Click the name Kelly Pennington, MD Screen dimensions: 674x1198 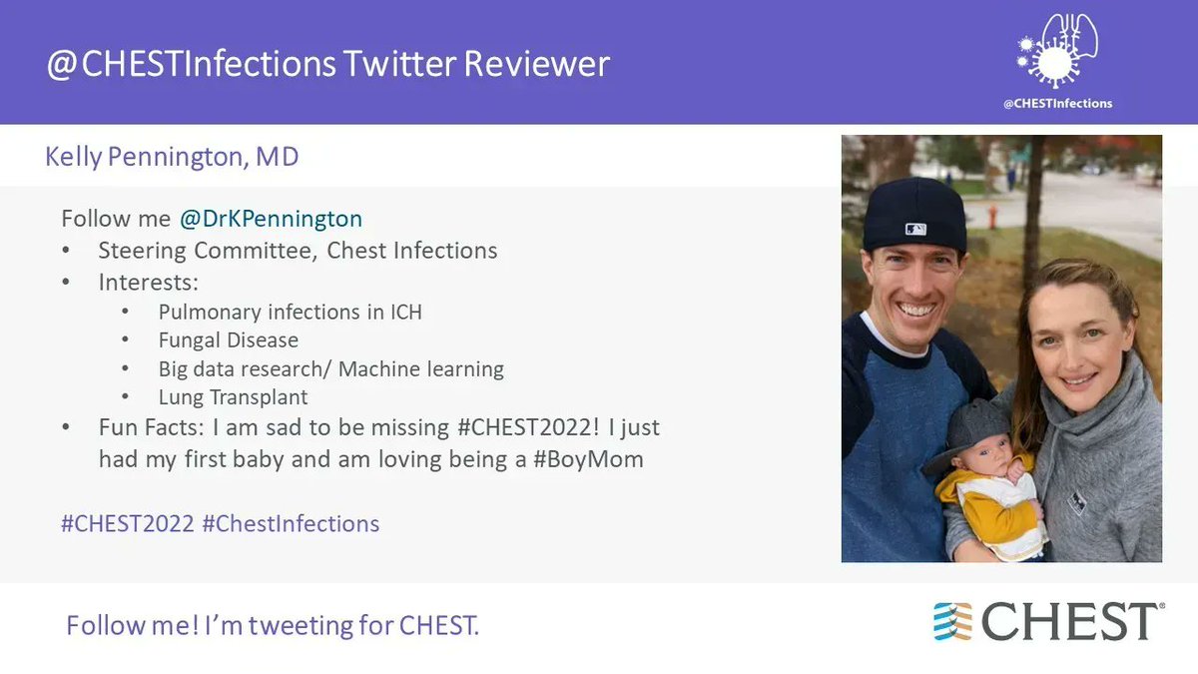[x=172, y=157]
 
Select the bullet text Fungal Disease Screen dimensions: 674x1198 [x=228, y=339]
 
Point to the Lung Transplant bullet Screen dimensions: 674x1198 [x=233, y=396]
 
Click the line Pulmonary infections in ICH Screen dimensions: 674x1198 [x=290, y=312]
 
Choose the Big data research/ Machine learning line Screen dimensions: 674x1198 [x=330, y=368]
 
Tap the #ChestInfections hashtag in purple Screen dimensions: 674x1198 [x=291, y=523]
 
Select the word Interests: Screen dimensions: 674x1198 [x=149, y=282]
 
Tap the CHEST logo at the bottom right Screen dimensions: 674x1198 [x=1048, y=621]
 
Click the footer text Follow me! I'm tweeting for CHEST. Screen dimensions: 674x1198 [x=273, y=626]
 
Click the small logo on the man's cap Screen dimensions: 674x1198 [x=915, y=229]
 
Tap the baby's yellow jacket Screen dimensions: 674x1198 [x=983, y=504]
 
